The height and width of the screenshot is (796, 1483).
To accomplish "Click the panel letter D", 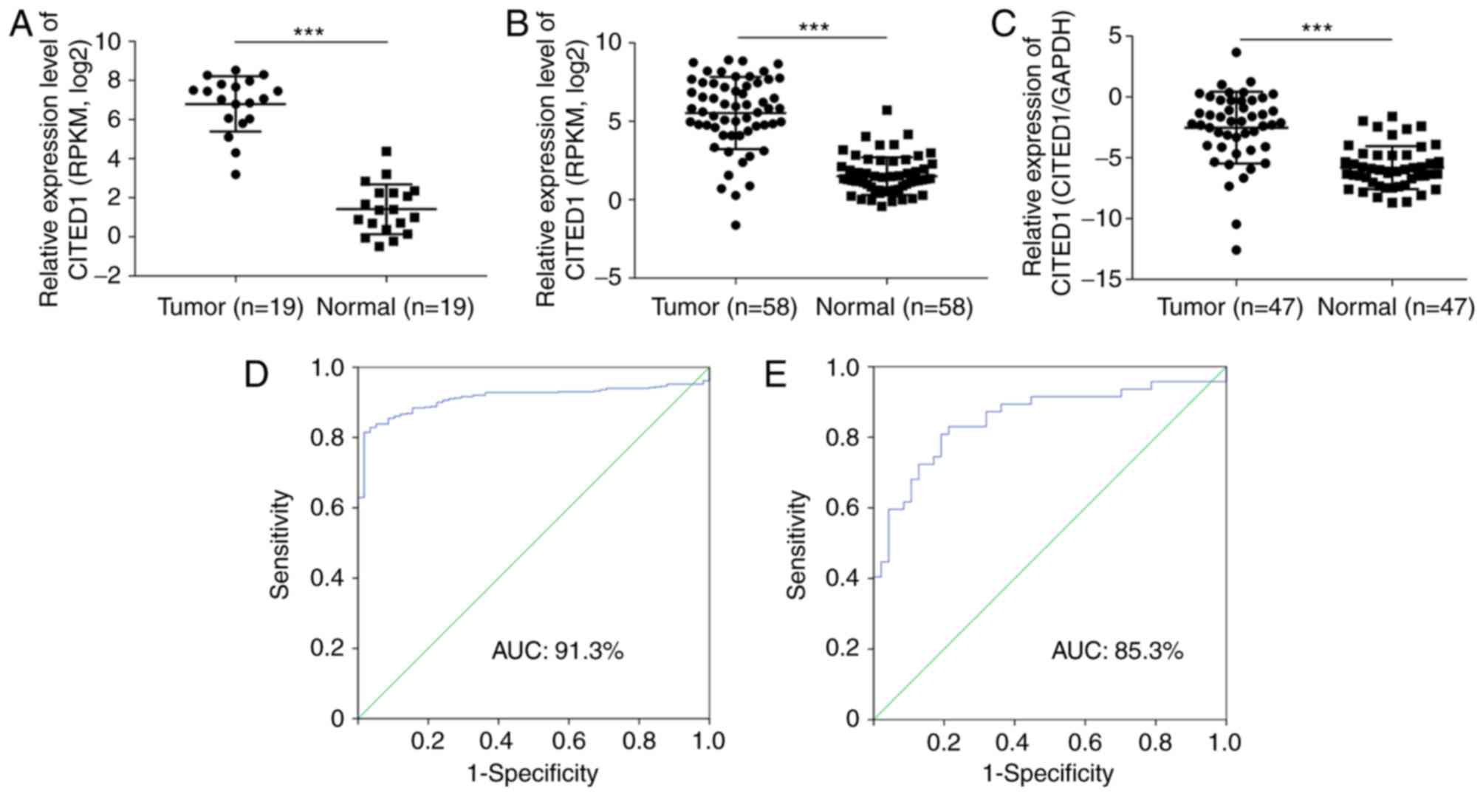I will (256, 376).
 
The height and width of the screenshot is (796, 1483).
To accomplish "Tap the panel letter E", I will (775, 376).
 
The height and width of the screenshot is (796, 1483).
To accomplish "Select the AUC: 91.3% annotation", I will (558, 651).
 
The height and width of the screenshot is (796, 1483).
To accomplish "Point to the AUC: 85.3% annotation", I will (1117, 651).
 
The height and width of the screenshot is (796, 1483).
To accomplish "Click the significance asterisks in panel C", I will (1316, 29).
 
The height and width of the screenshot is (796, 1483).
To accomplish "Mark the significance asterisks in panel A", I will (309, 32).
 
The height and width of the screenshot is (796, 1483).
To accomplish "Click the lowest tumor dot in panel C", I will (1236, 250).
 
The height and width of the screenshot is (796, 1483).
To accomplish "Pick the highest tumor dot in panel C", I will (1236, 52).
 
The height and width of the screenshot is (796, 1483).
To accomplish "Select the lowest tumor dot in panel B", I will (736, 225).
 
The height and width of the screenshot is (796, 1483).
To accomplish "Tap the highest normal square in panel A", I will (386, 151).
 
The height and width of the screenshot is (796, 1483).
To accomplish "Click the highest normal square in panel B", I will (887, 110).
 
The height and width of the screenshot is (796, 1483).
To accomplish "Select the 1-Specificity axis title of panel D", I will (532, 773).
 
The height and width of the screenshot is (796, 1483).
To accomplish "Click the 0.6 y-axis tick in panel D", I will (327, 507).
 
